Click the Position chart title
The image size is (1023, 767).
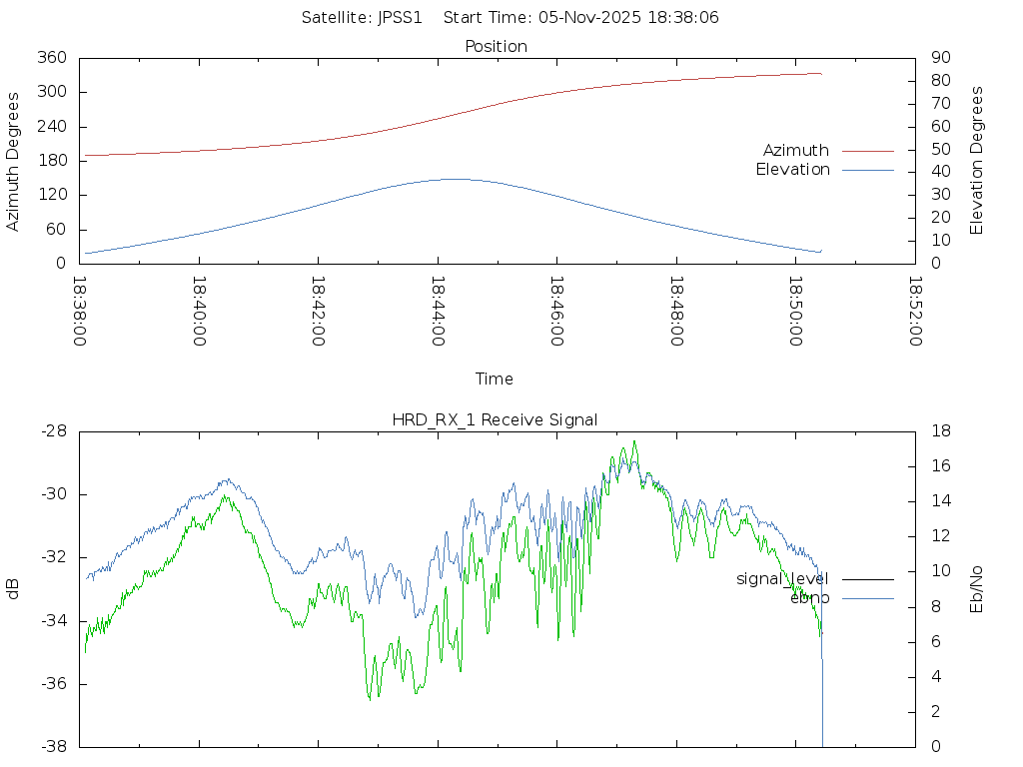[496, 46]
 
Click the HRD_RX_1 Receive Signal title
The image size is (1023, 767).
[495, 419]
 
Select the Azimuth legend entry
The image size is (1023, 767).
[796, 150]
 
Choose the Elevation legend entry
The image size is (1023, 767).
[792, 170]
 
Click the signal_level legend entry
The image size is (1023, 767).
[782, 578]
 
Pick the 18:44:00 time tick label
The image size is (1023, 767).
[438, 312]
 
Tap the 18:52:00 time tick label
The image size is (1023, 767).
[915, 312]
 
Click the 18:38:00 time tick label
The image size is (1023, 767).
[80, 312]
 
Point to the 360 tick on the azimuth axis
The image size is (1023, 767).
[51, 58]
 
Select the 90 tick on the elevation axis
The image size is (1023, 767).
[938, 58]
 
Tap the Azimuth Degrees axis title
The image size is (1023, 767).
[13, 161]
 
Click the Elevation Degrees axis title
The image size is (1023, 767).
[977, 161]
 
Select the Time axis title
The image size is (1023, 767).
[495, 379]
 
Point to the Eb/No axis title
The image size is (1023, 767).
[977, 589]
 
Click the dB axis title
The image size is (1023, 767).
[13, 589]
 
